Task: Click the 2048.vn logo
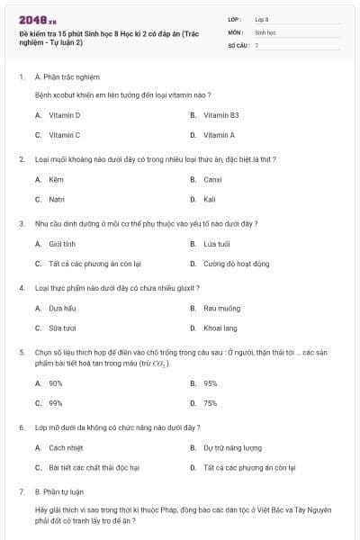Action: click(37, 19)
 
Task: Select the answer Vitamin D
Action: click(64, 115)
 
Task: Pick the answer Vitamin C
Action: click(64, 135)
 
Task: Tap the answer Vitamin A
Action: click(219, 135)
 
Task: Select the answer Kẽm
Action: click(56, 179)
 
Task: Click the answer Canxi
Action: click(213, 179)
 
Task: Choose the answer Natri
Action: click(57, 199)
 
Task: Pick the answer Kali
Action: click(210, 199)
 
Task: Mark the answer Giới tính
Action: click(61, 244)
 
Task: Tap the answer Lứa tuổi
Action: click(217, 244)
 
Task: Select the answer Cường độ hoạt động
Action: click(236, 264)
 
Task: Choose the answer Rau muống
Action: click(220, 309)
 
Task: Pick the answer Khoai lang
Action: click(220, 328)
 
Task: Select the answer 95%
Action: click(210, 383)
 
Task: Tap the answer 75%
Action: click(210, 403)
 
